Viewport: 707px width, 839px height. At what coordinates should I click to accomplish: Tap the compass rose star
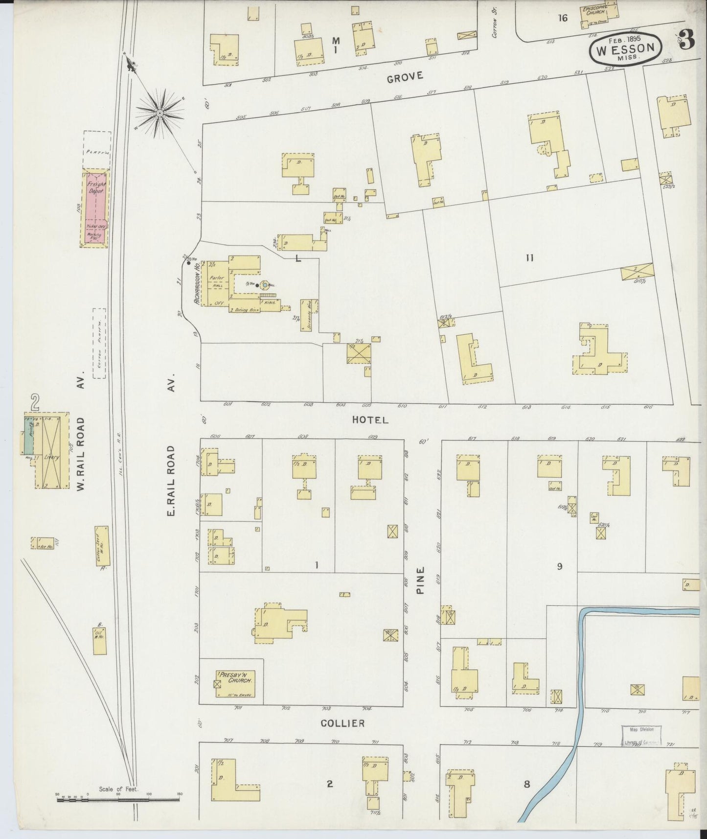(x=160, y=113)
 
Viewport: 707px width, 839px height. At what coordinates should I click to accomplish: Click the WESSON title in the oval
(x=626, y=48)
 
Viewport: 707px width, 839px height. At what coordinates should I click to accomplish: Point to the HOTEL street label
(x=370, y=420)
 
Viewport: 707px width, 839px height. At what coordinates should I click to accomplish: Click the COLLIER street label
(x=342, y=723)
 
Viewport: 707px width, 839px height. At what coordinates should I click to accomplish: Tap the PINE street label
(x=420, y=581)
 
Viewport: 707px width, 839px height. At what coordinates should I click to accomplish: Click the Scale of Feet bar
(x=119, y=800)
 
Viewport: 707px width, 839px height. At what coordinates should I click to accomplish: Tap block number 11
(x=529, y=258)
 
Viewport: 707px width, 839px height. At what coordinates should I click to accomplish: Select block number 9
(x=559, y=566)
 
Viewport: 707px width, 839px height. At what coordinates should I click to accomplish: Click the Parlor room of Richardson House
(x=216, y=279)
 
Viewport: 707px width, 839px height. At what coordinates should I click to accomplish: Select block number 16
(x=563, y=18)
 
